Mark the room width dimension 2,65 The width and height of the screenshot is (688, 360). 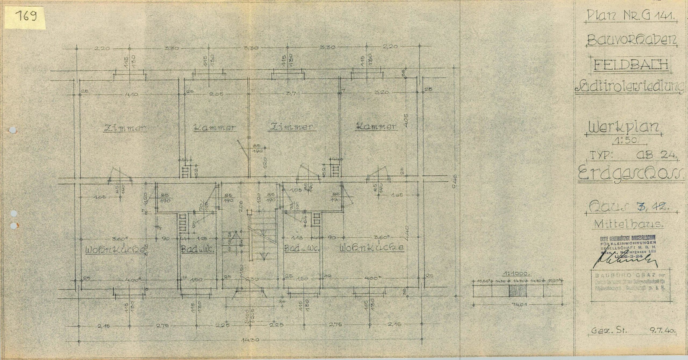click(x=216, y=95)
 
